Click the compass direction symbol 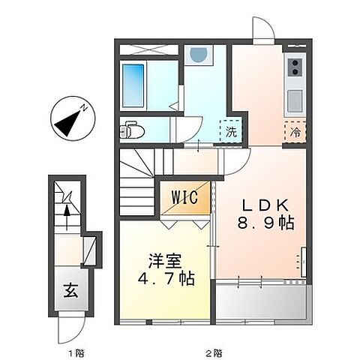click(70, 118)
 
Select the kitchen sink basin click(294, 99)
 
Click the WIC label click(184, 199)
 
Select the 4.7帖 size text click(166, 280)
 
